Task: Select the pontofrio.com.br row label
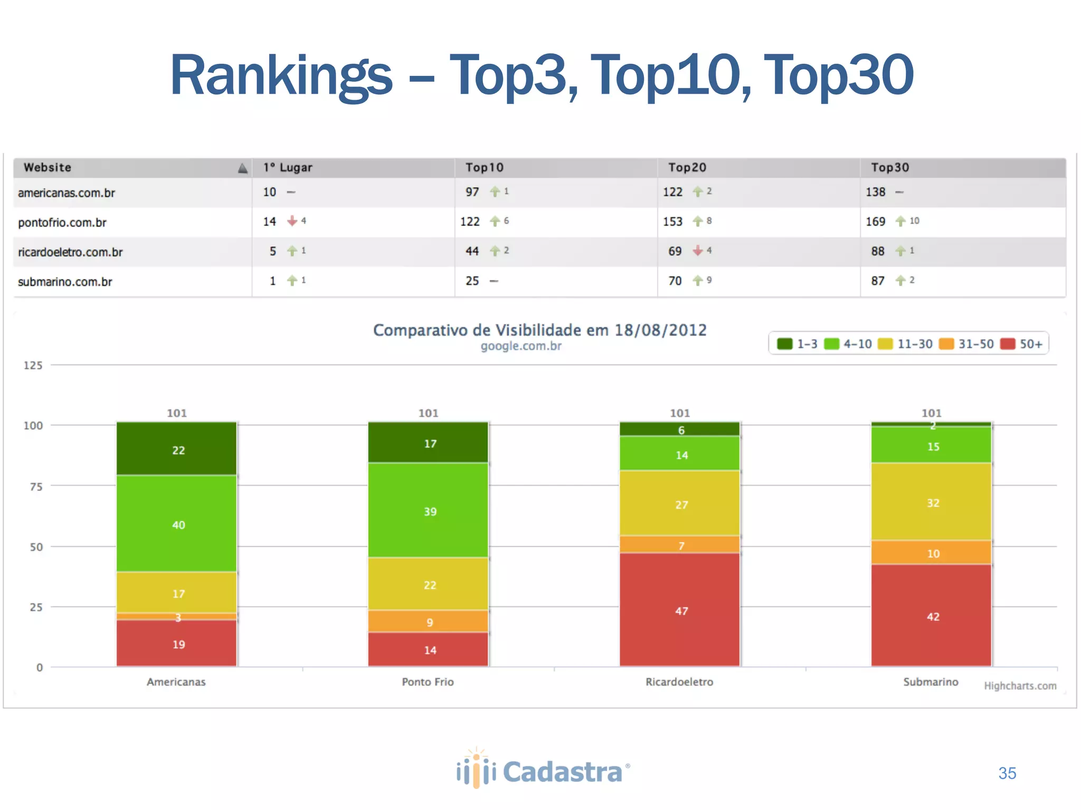coord(62,223)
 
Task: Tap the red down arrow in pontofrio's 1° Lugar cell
coord(292,221)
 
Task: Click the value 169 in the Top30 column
coord(875,221)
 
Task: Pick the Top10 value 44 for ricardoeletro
coord(472,251)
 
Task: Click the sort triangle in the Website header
coord(242,168)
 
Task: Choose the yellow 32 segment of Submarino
coord(932,502)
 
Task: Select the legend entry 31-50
coord(967,344)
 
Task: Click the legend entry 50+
coord(1022,344)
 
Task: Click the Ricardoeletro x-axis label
coord(679,682)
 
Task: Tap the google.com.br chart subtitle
coord(520,346)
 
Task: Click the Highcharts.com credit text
coord(1020,686)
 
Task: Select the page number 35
coord(1007,773)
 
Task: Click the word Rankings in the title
coord(281,75)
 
